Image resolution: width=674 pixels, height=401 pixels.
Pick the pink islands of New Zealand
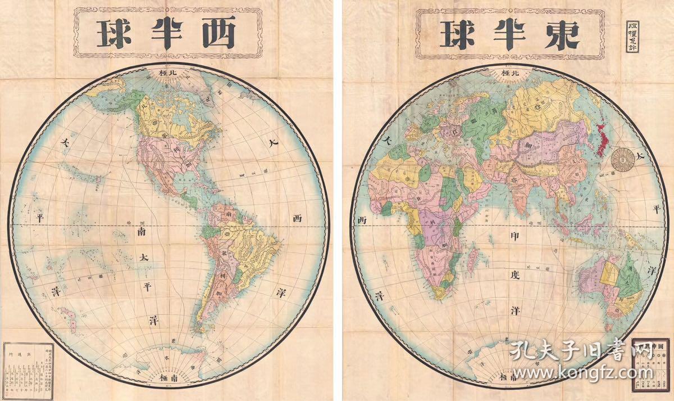[x=68, y=318]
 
